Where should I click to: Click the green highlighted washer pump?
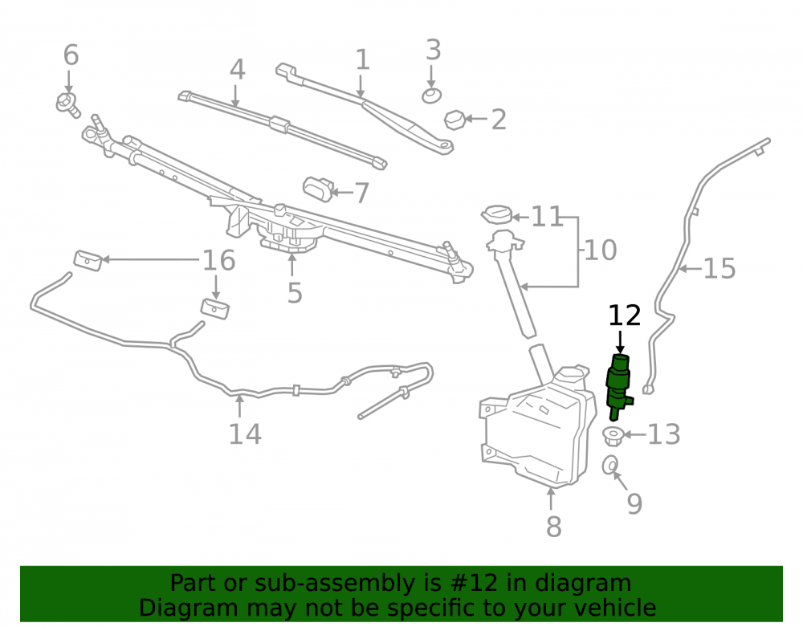point(618,386)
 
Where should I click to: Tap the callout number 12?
point(624,316)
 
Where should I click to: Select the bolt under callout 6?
point(68,105)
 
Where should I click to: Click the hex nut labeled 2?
point(454,120)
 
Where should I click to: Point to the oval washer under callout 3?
point(432,96)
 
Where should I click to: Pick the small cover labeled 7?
point(318,189)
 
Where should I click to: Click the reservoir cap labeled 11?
point(497,214)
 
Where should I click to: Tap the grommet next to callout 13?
point(613,436)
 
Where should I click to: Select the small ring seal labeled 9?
point(610,465)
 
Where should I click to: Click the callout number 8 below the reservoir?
point(553,526)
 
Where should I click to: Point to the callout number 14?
point(245,434)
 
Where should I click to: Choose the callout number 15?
point(719,269)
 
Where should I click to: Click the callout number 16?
point(219,261)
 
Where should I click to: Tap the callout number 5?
point(295,293)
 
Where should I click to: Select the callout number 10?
point(600,250)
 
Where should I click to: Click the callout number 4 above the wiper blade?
point(237,70)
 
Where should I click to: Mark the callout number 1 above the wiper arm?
point(362,60)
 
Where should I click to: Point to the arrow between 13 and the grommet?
point(634,434)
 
